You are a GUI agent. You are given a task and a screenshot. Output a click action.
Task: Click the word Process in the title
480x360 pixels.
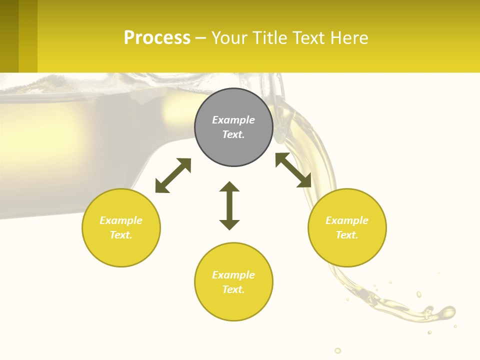click(x=157, y=38)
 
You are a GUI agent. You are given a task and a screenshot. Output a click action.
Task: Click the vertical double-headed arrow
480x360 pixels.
click(x=229, y=205)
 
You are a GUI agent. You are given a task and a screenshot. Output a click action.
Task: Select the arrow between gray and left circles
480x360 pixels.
click(x=173, y=175)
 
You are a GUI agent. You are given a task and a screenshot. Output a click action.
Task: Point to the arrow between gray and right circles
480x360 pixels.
click(x=293, y=170)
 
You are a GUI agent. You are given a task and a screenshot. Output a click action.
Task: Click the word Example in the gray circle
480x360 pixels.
click(x=233, y=120)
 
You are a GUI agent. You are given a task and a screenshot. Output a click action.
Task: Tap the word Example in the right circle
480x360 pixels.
click(x=347, y=220)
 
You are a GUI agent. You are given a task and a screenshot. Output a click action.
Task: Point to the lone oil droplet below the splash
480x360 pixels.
click(x=338, y=350)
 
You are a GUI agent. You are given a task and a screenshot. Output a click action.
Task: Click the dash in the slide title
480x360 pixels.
click(x=200, y=38)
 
